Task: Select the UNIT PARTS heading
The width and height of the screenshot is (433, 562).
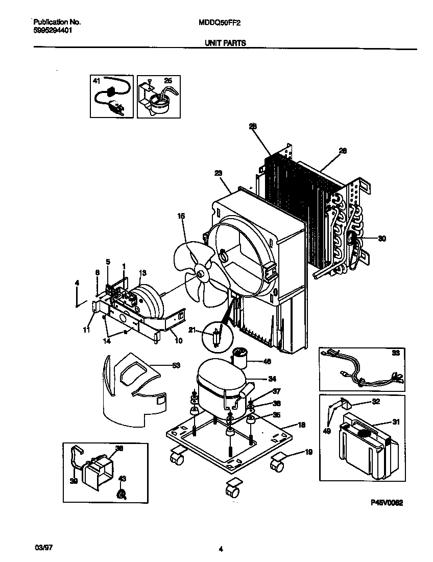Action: coord(225,43)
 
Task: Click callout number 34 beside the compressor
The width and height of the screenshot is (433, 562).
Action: coord(272,379)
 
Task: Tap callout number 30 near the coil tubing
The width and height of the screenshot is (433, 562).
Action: coord(382,238)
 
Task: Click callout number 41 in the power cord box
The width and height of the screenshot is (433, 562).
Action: coord(97,81)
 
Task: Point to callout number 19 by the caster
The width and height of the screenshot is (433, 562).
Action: coord(308,452)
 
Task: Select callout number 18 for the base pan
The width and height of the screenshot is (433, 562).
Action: coord(302,425)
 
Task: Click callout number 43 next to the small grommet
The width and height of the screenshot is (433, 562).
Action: coord(122,479)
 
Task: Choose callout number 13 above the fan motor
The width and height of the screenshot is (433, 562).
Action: coord(142,272)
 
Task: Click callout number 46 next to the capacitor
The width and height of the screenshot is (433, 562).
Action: coord(266,361)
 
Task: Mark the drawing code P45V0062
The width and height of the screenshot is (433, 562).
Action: coord(386,503)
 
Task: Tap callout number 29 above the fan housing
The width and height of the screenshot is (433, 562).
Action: coord(219,174)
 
